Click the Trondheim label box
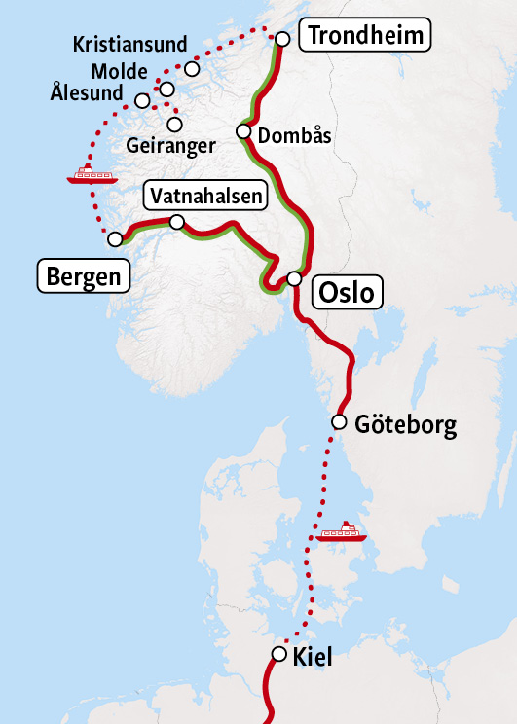tap(365, 37)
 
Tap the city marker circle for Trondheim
tap(282, 39)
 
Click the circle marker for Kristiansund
tap(192, 69)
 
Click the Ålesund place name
tap(88, 94)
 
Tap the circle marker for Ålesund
tap(143, 100)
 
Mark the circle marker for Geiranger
tap(175, 124)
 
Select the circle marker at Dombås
tap(243, 131)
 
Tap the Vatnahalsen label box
tap(206, 197)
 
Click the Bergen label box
tap(84, 276)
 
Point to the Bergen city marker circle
tap(115, 238)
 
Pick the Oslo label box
tap(347, 292)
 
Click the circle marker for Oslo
tap(294, 279)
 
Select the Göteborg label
tap(406, 426)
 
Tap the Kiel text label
tap(313, 658)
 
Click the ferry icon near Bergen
tap(92, 175)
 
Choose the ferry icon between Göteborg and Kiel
tap(342, 531)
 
